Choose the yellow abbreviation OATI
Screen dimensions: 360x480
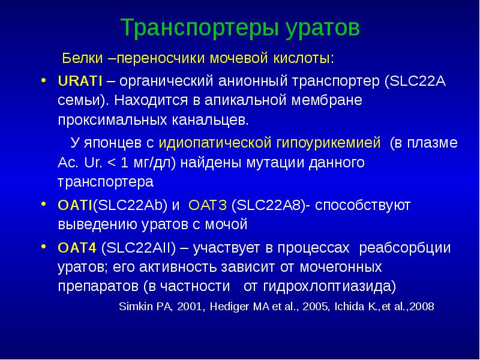tap(74, 206)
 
